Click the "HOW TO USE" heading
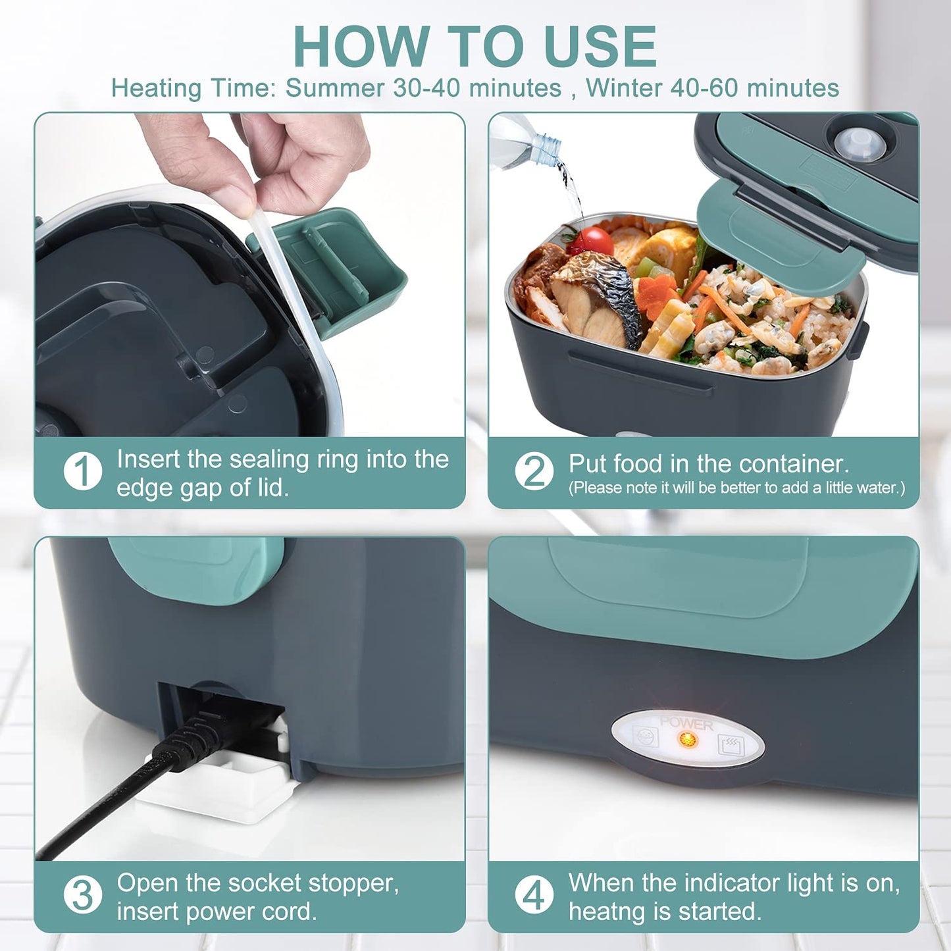[x=475, y=46]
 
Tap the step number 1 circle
[x=83, y=471]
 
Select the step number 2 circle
[x=534, y=471]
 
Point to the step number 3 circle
[x=83, y=896]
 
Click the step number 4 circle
[x=534, y=896]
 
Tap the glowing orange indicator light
[x=687, y=740]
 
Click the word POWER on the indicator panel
[x=686, y=723]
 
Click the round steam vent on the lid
[x=858, y=142]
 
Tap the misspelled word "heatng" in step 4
[x=599, y=912]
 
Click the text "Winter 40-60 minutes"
[x=712, y=88]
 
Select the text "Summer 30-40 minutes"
[x=423, y=88]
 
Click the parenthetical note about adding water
[x=736, y=488]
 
